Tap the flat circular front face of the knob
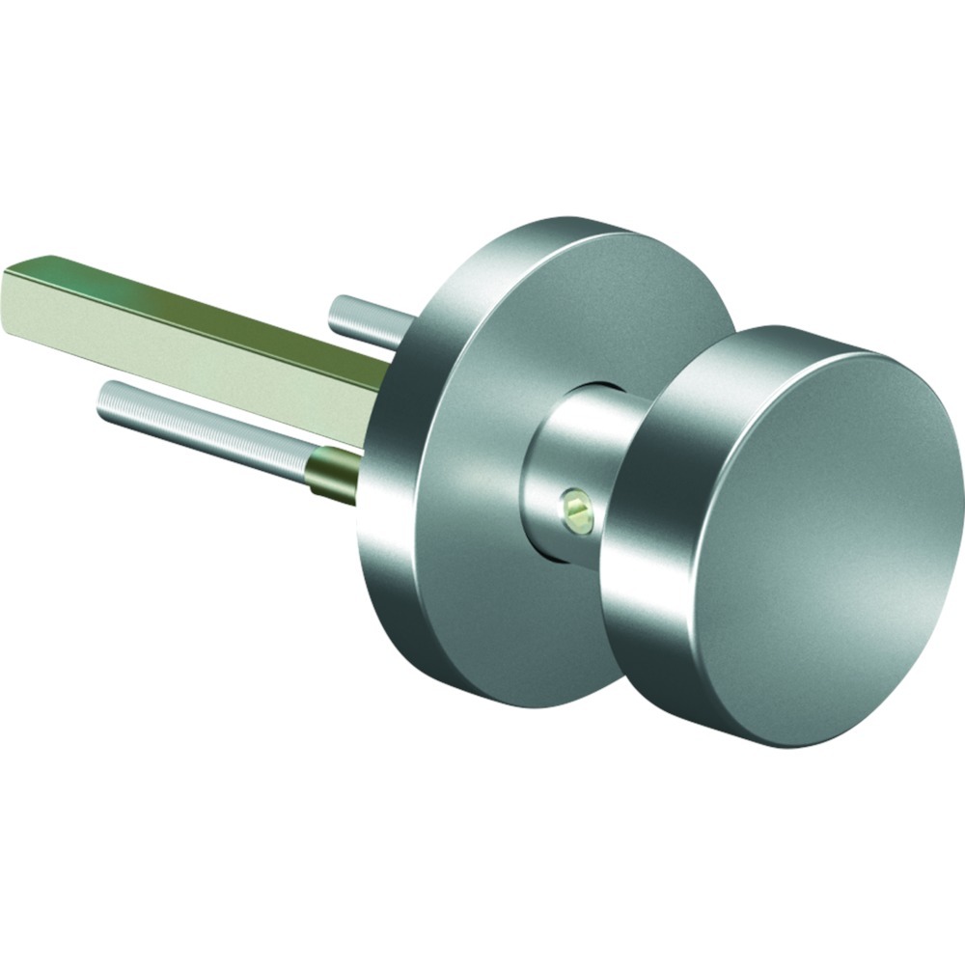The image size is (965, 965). pos(830,540)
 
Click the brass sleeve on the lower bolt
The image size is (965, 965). pos(333,473)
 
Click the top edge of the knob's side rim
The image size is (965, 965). pos(772,338)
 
